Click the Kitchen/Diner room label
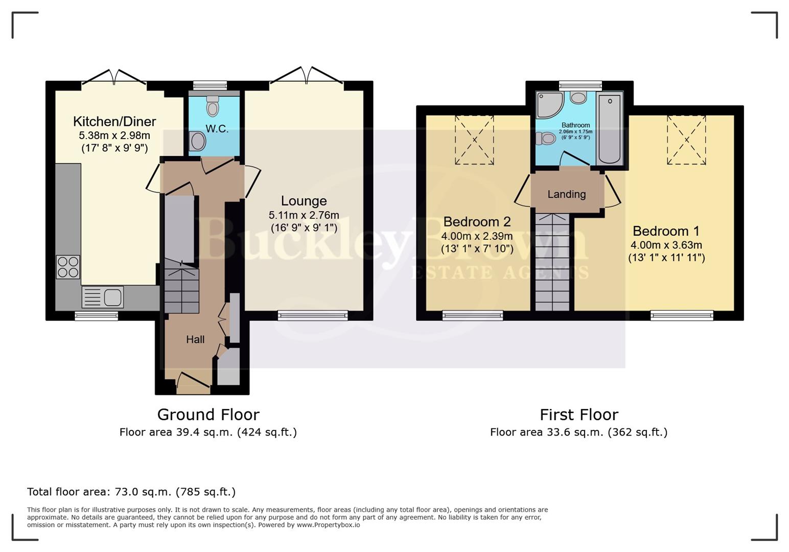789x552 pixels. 114,122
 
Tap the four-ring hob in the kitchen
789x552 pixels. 68,267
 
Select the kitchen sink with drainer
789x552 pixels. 103,297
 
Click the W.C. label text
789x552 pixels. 217,129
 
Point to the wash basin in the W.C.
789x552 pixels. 197,141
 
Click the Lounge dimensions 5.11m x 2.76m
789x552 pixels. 304,215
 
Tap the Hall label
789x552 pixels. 195,339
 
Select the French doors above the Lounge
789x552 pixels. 306,76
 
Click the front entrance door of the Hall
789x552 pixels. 193,382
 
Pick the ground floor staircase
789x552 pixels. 181,286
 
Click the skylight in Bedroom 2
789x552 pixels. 474,140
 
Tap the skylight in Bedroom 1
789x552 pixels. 686,140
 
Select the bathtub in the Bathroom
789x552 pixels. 610,129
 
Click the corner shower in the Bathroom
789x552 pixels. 548,104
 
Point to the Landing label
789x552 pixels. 566,194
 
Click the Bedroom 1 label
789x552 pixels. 666,231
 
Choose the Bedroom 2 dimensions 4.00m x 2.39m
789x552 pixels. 477,236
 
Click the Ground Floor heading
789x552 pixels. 208,415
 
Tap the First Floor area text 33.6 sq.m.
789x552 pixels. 578,432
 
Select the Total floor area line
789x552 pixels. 131,492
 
